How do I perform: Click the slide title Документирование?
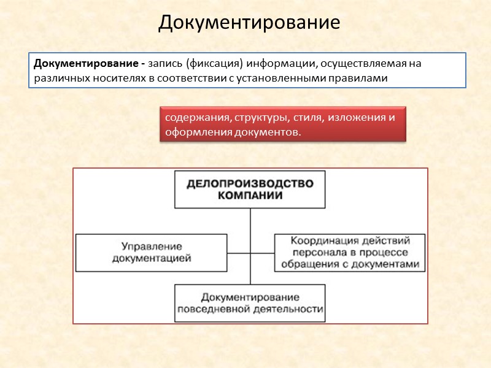tap(249, 23)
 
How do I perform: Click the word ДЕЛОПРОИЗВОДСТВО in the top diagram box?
tap(250, 183)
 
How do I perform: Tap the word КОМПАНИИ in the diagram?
tap(250, 196)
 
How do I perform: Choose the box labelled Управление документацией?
tap(150, 252)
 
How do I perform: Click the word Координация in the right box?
tap(322, 240)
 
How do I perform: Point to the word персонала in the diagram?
tap(315, 252)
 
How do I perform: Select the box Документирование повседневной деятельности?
tap(250, 303)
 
